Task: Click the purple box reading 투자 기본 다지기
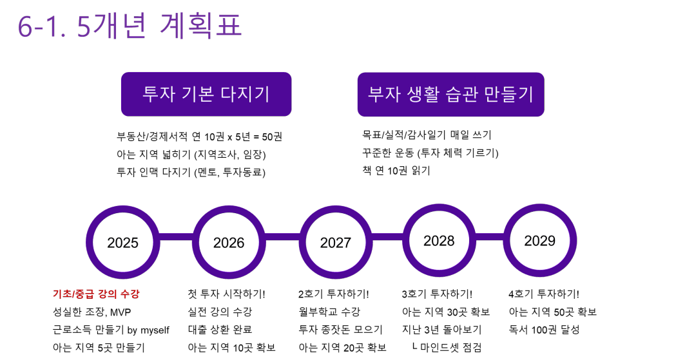(x=206, y=94)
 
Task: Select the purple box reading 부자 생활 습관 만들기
(x=450, y=94)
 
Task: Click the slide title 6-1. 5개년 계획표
(x=130, y=25)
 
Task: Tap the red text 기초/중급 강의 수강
(x=96, y=294)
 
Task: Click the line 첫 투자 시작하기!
(x=226, y=294)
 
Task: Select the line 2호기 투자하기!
(x=334, y=294)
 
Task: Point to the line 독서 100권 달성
(x=544, y=330)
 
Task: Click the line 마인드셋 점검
(x=450, y=347)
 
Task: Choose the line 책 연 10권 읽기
(x=396, y=171)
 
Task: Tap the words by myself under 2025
(x=148, y=330)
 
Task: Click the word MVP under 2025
(x=121, y=312)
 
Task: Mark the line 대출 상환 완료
(x=220, y=330)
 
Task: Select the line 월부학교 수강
(x=329, y=312)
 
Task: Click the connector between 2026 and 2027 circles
(x=282, y=237)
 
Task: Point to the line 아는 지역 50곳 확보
(x=553, y=312)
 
